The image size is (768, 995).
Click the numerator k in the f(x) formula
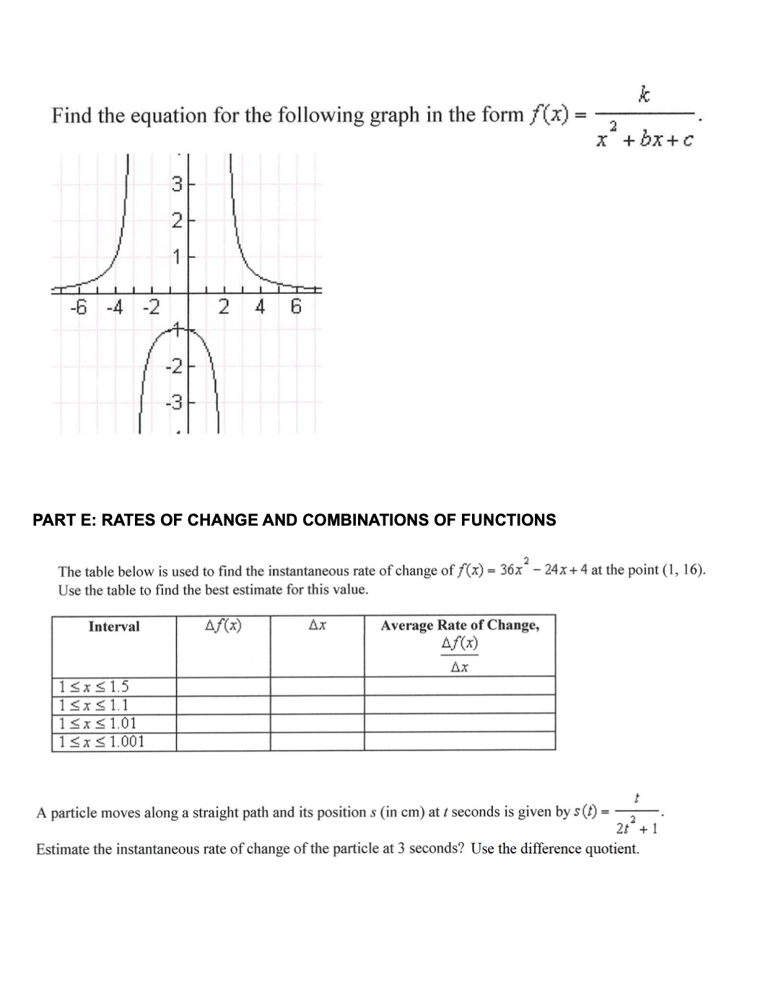644,95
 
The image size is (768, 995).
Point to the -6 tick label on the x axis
78,308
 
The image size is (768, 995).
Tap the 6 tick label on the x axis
295,308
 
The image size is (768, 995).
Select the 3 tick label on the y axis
177,185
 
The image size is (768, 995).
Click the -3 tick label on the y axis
174,402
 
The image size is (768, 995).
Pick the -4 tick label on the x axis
114,308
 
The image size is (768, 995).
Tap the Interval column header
114,627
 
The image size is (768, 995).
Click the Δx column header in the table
317,625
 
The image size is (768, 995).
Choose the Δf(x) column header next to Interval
223,625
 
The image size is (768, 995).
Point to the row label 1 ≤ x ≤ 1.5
94,687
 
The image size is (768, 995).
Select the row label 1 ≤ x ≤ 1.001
102,742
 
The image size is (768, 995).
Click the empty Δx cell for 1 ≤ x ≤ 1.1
317,705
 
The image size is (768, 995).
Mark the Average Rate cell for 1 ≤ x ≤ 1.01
460,723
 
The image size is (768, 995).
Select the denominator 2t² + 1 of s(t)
636,827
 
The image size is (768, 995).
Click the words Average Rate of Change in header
460,625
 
